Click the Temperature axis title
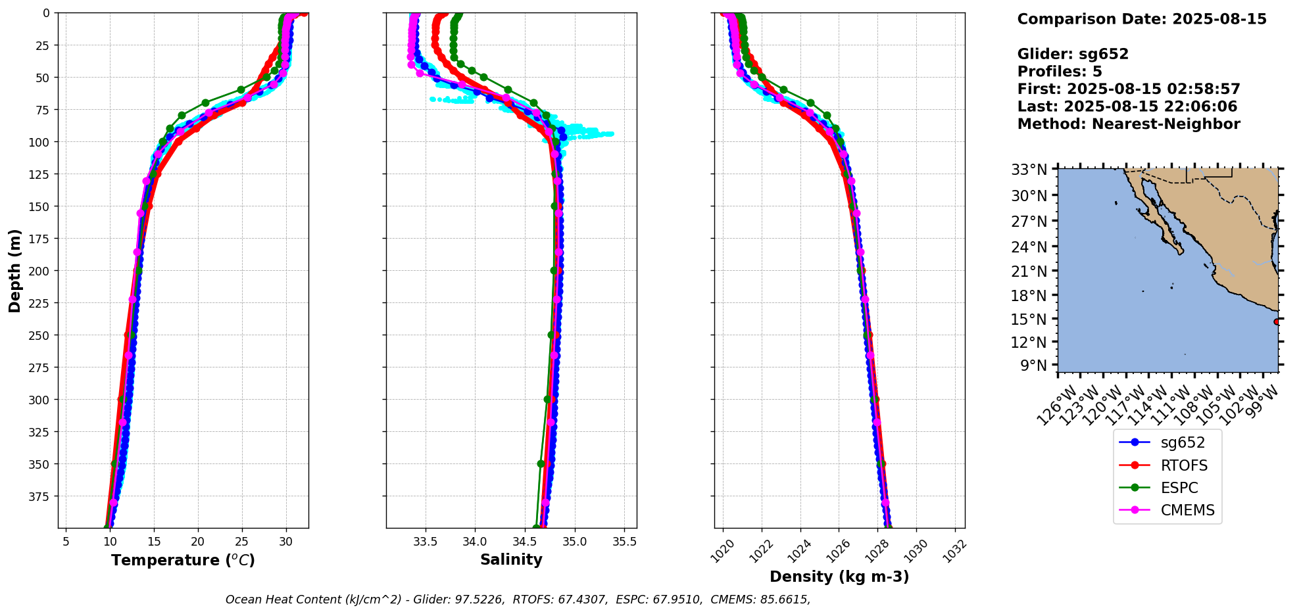(183, 560)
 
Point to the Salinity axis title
(511, 559)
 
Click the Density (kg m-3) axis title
(839, 577)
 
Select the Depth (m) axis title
(15, 270)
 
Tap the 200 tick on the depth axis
(40, 271)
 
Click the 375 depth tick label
(40, 496)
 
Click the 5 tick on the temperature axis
(65, 542)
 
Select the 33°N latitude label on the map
(1029, 170)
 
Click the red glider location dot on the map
(1277, 321)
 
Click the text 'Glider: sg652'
(1073, 54)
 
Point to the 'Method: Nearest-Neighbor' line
(1129, 124)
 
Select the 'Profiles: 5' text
(1060, 72)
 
